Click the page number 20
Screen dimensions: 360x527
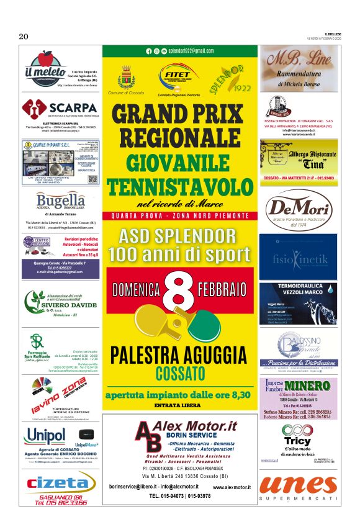pyautogui.click(x=24, y=37)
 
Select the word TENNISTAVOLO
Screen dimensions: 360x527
pyautogui.click(x=180, y=186)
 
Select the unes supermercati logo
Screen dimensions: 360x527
pyautogui.click(x=298, y=485)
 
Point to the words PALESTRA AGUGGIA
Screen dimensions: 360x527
pyautogui.click(x=180, y=355)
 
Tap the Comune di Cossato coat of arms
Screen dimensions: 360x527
pyautogui.click(x=127, y=78)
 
